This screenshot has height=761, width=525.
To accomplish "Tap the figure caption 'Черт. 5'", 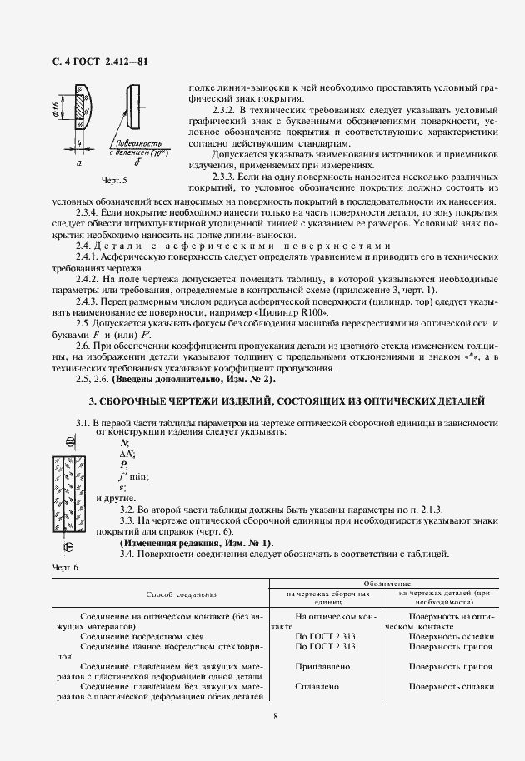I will (x=113, y=180).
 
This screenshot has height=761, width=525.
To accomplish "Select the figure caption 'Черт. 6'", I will (x=63, y=567).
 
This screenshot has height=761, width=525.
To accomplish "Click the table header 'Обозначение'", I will (x=382, y=585).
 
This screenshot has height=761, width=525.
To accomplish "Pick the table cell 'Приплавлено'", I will (x=322, y=667).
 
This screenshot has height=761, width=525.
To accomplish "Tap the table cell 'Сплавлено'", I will (x=317, y=686).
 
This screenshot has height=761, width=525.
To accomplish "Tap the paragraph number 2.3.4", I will (x=87, y=212).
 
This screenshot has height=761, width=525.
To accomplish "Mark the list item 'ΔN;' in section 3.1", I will (x=127, y=454).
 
